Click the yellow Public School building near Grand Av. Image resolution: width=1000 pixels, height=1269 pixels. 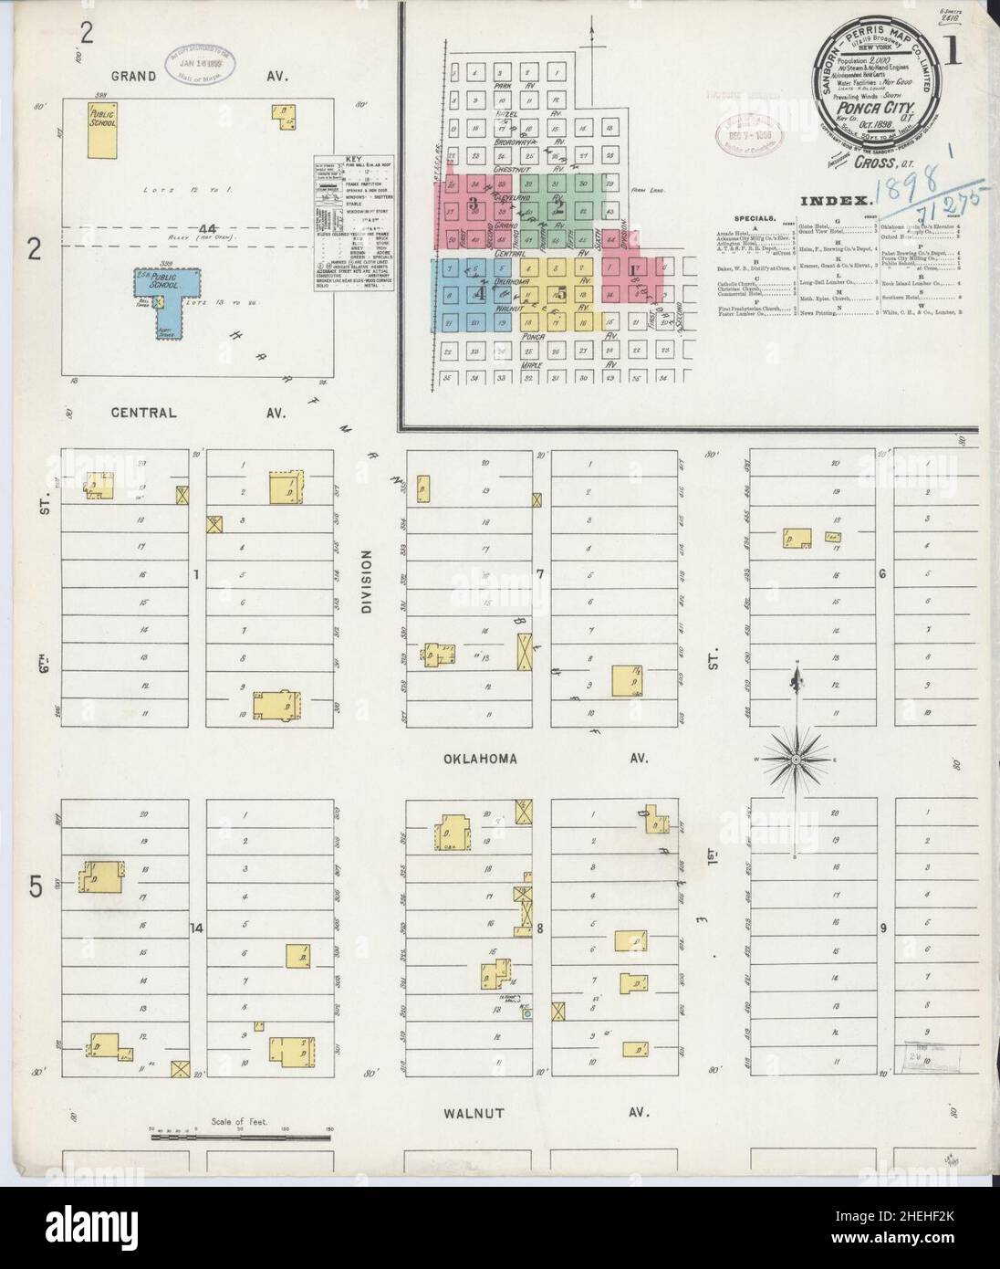[102, 132]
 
